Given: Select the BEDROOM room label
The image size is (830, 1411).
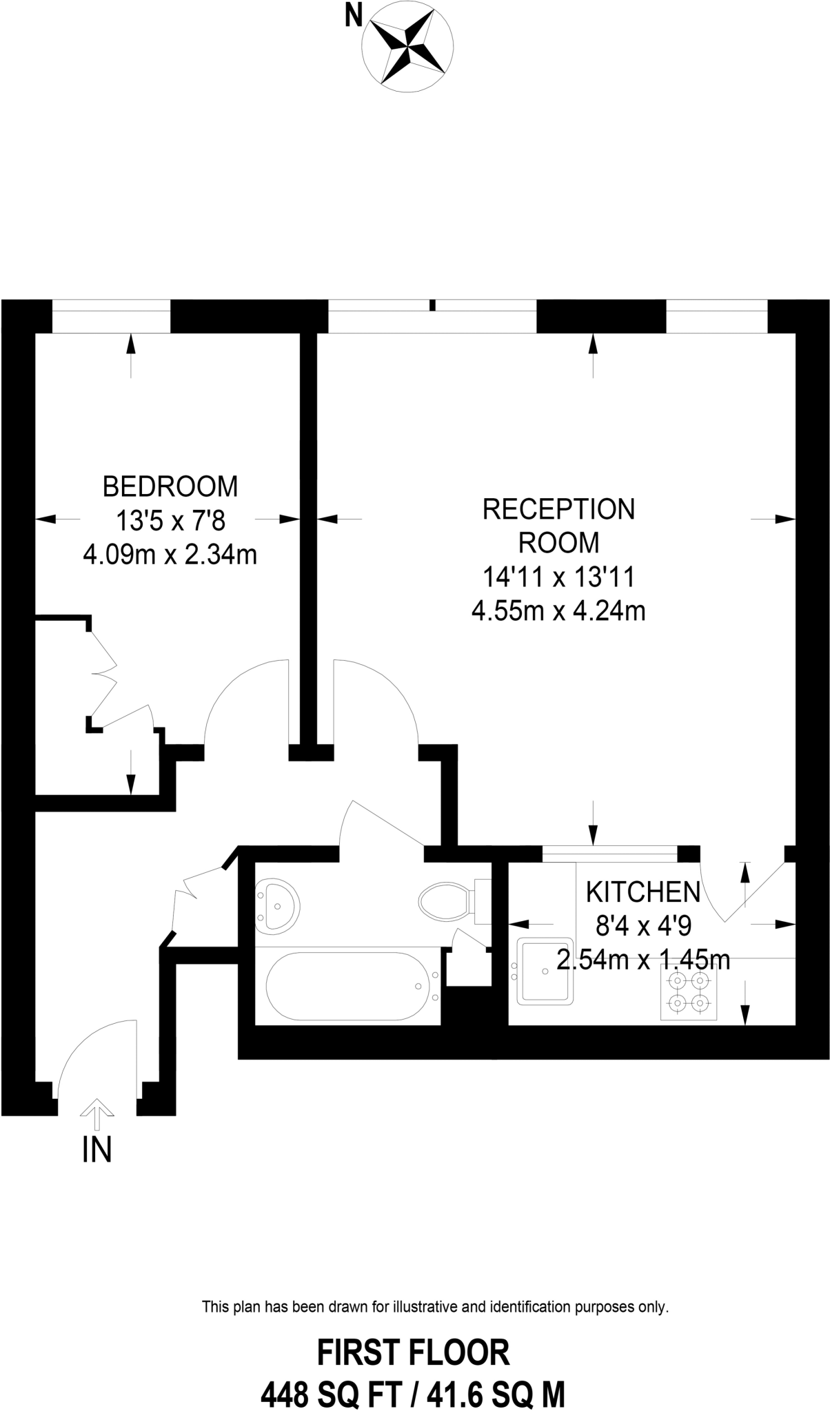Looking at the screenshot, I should [170, 486].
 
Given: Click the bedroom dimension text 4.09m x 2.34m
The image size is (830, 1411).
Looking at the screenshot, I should [170, 554].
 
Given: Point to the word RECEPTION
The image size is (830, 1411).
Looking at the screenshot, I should [558, 509].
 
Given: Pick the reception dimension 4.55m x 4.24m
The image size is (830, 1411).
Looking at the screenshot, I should [558, 610].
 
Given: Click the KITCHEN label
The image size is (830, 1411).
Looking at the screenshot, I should [642, 892].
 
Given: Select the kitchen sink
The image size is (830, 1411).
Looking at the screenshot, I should [545, 970].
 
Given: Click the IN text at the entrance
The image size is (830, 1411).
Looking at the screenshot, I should [97, 1150].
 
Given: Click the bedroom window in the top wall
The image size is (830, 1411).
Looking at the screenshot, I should [111, 316].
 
